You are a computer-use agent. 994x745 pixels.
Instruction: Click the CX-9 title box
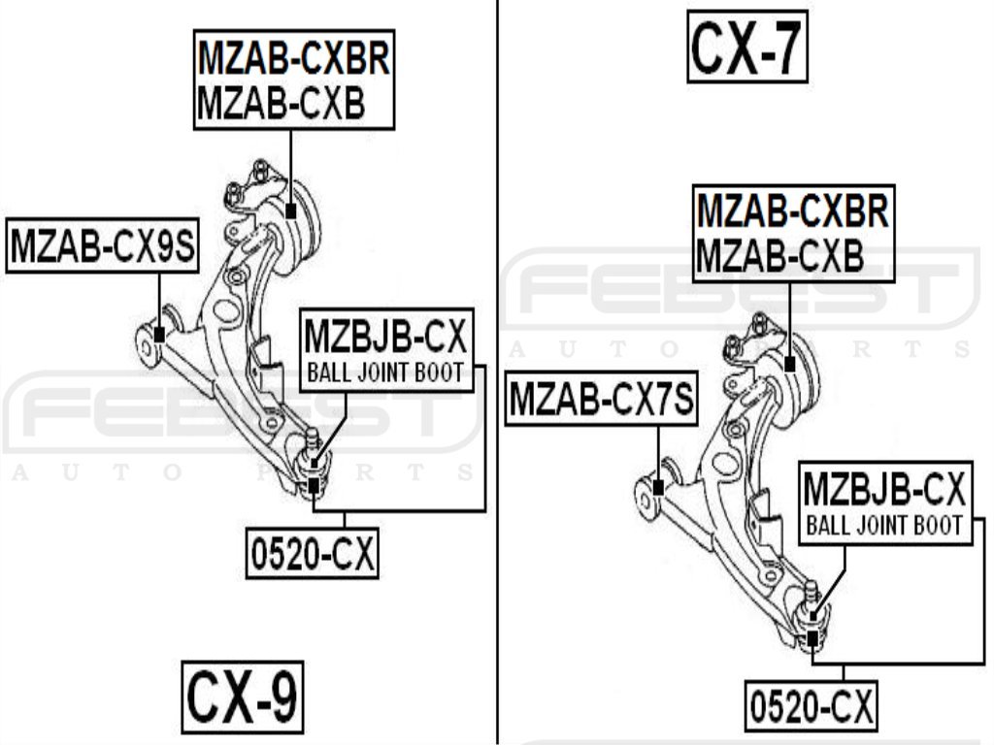pyautogui.click(x=242, y=696)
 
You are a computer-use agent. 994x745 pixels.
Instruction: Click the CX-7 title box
pyautogui.click(x=747, y=45)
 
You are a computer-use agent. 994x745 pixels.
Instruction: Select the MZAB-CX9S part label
pyautogui.click(x=101, y=246)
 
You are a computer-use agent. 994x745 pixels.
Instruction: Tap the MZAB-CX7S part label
pyautogui.click(x=602, y=399)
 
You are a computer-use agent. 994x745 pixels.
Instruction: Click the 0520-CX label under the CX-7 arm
pyautogui.click(x=812, y=706)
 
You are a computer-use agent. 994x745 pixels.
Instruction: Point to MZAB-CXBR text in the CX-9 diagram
pyautogui.click(x=293, y=59)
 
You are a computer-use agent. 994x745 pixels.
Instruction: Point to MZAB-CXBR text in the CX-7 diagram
pyautogui.click(x=792, y=210)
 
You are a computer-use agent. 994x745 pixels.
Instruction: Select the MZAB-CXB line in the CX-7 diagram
pyautogui.click(x=779, y=255)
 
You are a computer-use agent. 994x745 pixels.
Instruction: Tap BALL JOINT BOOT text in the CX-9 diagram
pyautogui.click(x=385, y=372)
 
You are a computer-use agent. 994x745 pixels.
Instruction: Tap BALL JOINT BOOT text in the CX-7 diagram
pyautogui.click(x=884, y=525)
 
